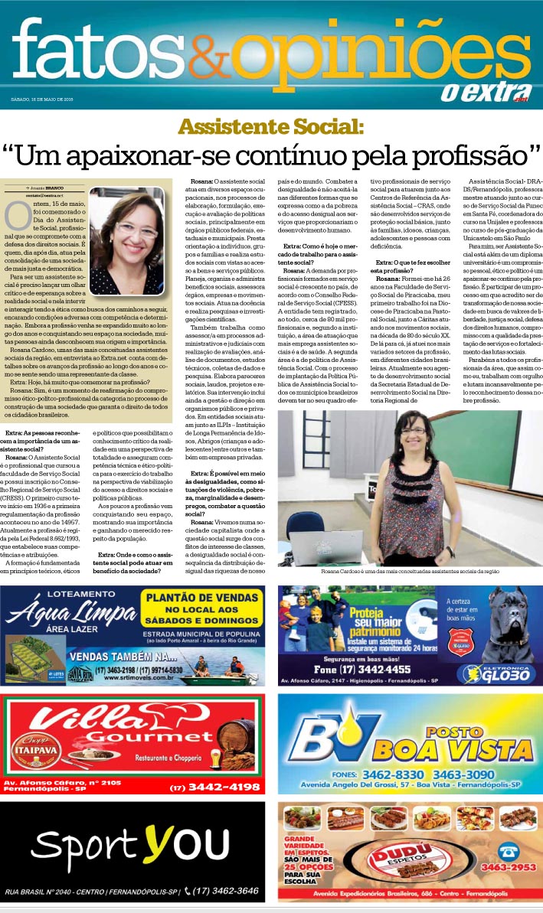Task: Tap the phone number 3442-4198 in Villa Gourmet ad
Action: [214, 787]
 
